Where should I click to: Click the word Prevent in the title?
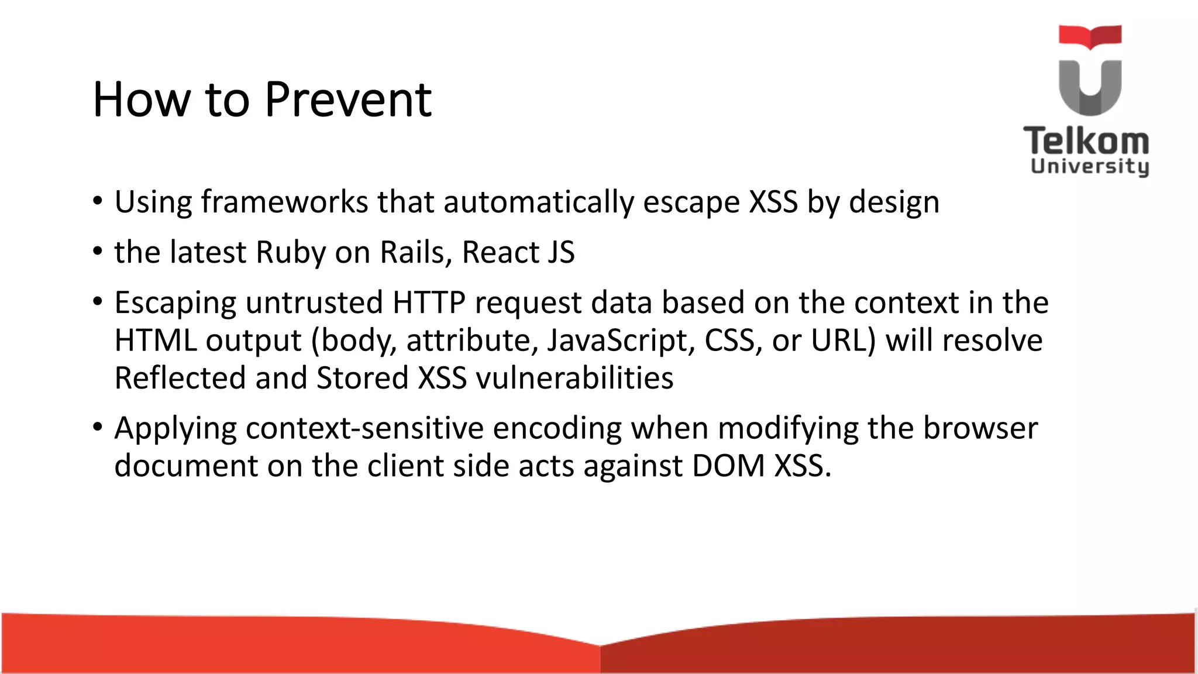[x=348, y=99]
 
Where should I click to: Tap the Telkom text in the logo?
[x=1086, y=142]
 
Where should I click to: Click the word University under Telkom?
[x=1090, y=166]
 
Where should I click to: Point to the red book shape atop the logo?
[x=1090, y=36]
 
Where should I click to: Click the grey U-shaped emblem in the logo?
[x=1090, y=88]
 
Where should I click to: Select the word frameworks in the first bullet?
[x=284, y=202]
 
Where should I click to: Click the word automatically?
[x=538, y=202]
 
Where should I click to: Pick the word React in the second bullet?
[x=500, y=253]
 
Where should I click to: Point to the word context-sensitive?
[x=364, y=428]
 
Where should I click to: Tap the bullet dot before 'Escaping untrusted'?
[x=98, y=302]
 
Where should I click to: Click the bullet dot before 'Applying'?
[x=98, y=428]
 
